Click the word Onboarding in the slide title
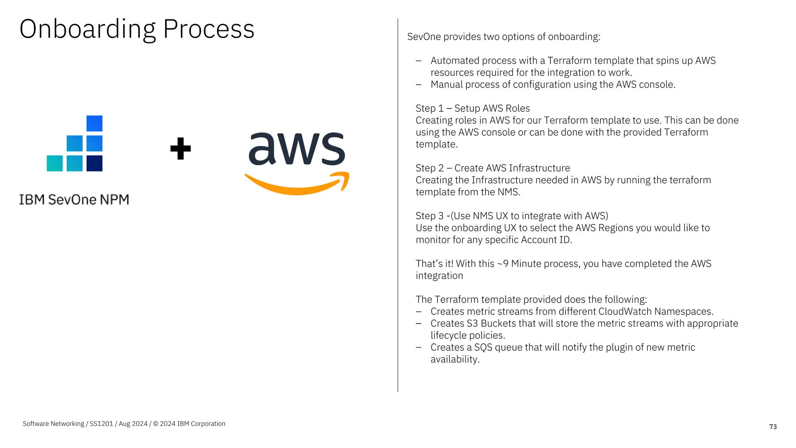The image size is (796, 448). coord(87,30)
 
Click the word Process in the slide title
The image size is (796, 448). coord(209,30)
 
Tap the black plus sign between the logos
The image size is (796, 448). coord(180,149)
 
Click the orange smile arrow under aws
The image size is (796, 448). coord(297,184)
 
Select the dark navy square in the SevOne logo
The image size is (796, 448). coord(94,163)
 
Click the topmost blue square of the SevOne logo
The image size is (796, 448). coord(94,123)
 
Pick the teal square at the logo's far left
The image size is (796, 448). coord(54,163)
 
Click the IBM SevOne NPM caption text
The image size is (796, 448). coord(74,199)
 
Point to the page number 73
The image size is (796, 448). coord(773,427)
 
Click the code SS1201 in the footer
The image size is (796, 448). coord(101,423)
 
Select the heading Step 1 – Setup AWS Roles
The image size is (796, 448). coord(473,108)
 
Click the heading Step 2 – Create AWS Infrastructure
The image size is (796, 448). coord(492,168)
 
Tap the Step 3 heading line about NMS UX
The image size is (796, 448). coord(511,216)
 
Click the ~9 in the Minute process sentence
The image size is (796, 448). coord(503,264)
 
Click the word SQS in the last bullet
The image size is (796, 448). coord(483,347)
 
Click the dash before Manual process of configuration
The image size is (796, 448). coord(419,85)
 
